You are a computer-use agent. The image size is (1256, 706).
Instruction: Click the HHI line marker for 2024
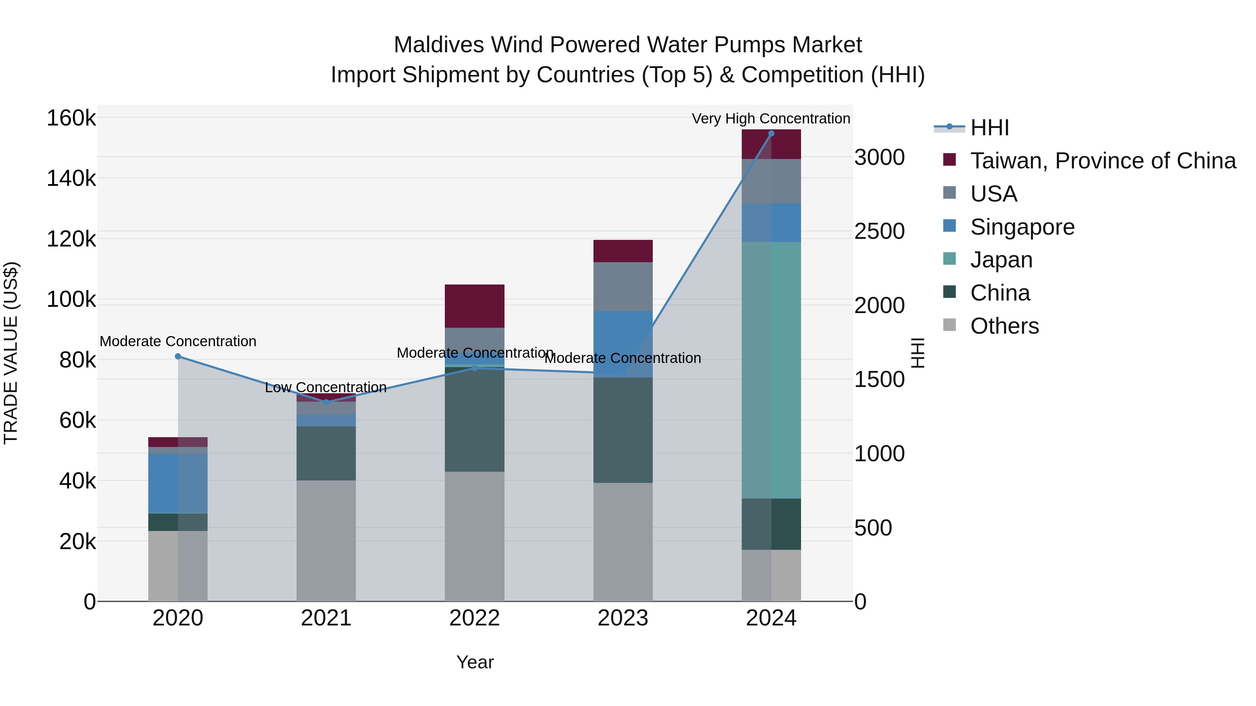tap(771, 134)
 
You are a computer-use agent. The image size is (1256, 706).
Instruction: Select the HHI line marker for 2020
tap(178, 356)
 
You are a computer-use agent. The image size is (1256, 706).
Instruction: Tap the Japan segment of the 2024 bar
tap(771, 370)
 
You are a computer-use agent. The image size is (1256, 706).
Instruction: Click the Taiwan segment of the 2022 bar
tap(474, 306)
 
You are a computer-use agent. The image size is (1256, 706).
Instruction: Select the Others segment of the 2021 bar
tap(326, 541)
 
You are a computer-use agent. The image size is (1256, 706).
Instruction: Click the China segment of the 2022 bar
tap(474, 419)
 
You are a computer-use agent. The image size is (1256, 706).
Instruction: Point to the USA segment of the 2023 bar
tap(623, 287)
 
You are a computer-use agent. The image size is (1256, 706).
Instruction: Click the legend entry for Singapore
tap(1022, 227)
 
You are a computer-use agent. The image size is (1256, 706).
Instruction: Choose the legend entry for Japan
tap(1001, 260)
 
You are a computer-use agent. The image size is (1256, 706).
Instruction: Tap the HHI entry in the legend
tap(989, 128)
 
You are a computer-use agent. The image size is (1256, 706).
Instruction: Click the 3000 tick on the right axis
tap(879, 157)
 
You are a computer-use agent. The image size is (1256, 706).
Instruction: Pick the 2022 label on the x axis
tap(474, 618)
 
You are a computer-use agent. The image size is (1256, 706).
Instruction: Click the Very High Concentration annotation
tap(770, 119)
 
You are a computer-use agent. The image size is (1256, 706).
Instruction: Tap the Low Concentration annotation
tap(326, 387)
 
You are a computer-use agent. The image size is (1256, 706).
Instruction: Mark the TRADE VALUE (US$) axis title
tap(11, 353)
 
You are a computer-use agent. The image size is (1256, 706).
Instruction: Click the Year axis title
tap(474, 662)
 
